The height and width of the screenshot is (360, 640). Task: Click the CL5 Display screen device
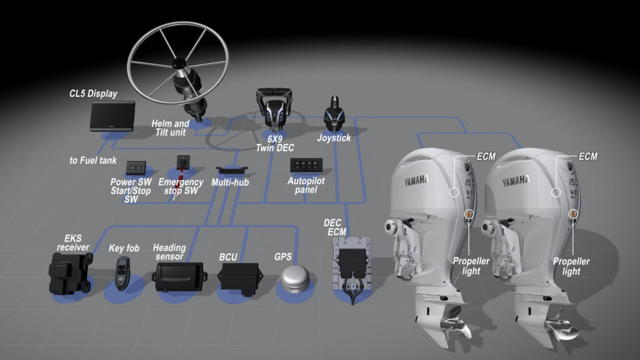112,116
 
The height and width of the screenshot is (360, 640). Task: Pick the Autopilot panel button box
306,166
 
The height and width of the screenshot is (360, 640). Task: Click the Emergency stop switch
183,164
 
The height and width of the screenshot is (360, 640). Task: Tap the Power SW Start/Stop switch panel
136,167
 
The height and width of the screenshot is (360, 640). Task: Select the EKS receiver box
70,274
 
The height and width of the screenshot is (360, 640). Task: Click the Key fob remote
121,273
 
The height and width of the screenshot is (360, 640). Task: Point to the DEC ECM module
354,262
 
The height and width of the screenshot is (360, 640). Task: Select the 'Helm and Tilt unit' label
170,128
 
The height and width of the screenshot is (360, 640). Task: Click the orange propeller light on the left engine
467,215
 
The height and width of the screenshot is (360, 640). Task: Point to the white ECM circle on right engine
556,191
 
